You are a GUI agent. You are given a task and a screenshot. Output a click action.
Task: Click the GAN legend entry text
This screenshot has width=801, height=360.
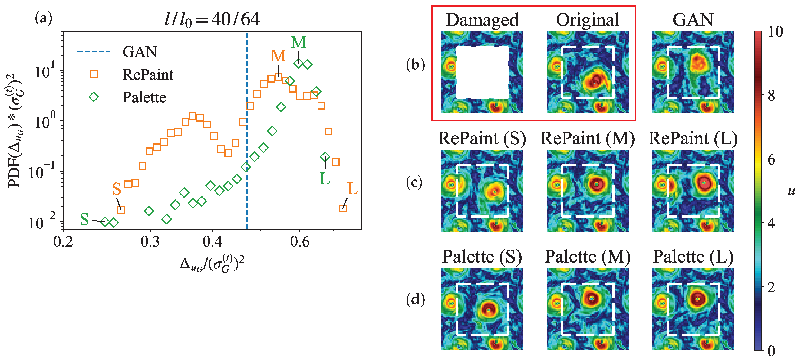[140, 52]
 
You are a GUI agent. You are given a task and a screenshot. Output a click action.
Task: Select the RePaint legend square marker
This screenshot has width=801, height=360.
[94, 74]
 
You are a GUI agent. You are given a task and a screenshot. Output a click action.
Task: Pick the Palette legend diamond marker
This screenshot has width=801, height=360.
[94, 97]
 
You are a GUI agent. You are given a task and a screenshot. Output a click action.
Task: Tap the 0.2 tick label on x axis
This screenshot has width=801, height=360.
[63, 242]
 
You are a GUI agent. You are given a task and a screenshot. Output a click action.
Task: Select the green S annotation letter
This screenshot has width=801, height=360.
[84, 219]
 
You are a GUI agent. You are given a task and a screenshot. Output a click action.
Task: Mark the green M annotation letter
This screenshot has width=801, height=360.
[298, 42]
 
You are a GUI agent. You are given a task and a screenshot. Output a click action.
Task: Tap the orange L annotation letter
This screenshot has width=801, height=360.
[352, 189]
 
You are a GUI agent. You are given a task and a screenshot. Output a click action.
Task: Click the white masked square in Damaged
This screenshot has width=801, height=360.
[482, 72]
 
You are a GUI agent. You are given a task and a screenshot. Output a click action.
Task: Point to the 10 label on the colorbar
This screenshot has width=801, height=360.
[776, 32]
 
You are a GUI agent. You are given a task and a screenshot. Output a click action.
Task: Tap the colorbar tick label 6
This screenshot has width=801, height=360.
[771, 160]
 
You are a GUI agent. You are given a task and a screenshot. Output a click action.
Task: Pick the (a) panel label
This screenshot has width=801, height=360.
[44, 19]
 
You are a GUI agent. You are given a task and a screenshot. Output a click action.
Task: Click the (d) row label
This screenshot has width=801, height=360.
[415, 300]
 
